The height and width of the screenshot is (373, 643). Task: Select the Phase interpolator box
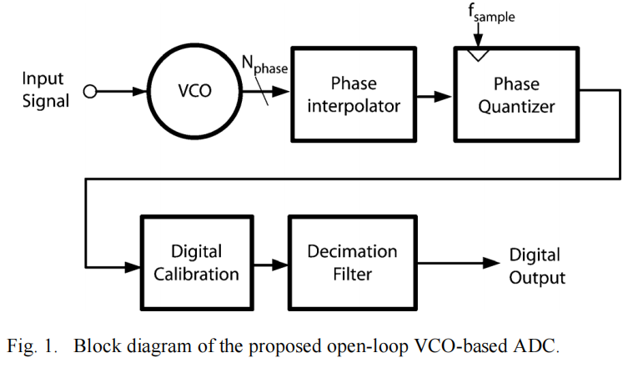353,94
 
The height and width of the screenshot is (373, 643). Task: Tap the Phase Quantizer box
515,94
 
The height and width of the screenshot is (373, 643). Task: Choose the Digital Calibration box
196,263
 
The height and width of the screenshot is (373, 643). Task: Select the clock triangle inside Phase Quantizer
476,55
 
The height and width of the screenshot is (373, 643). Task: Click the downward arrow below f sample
476,37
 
